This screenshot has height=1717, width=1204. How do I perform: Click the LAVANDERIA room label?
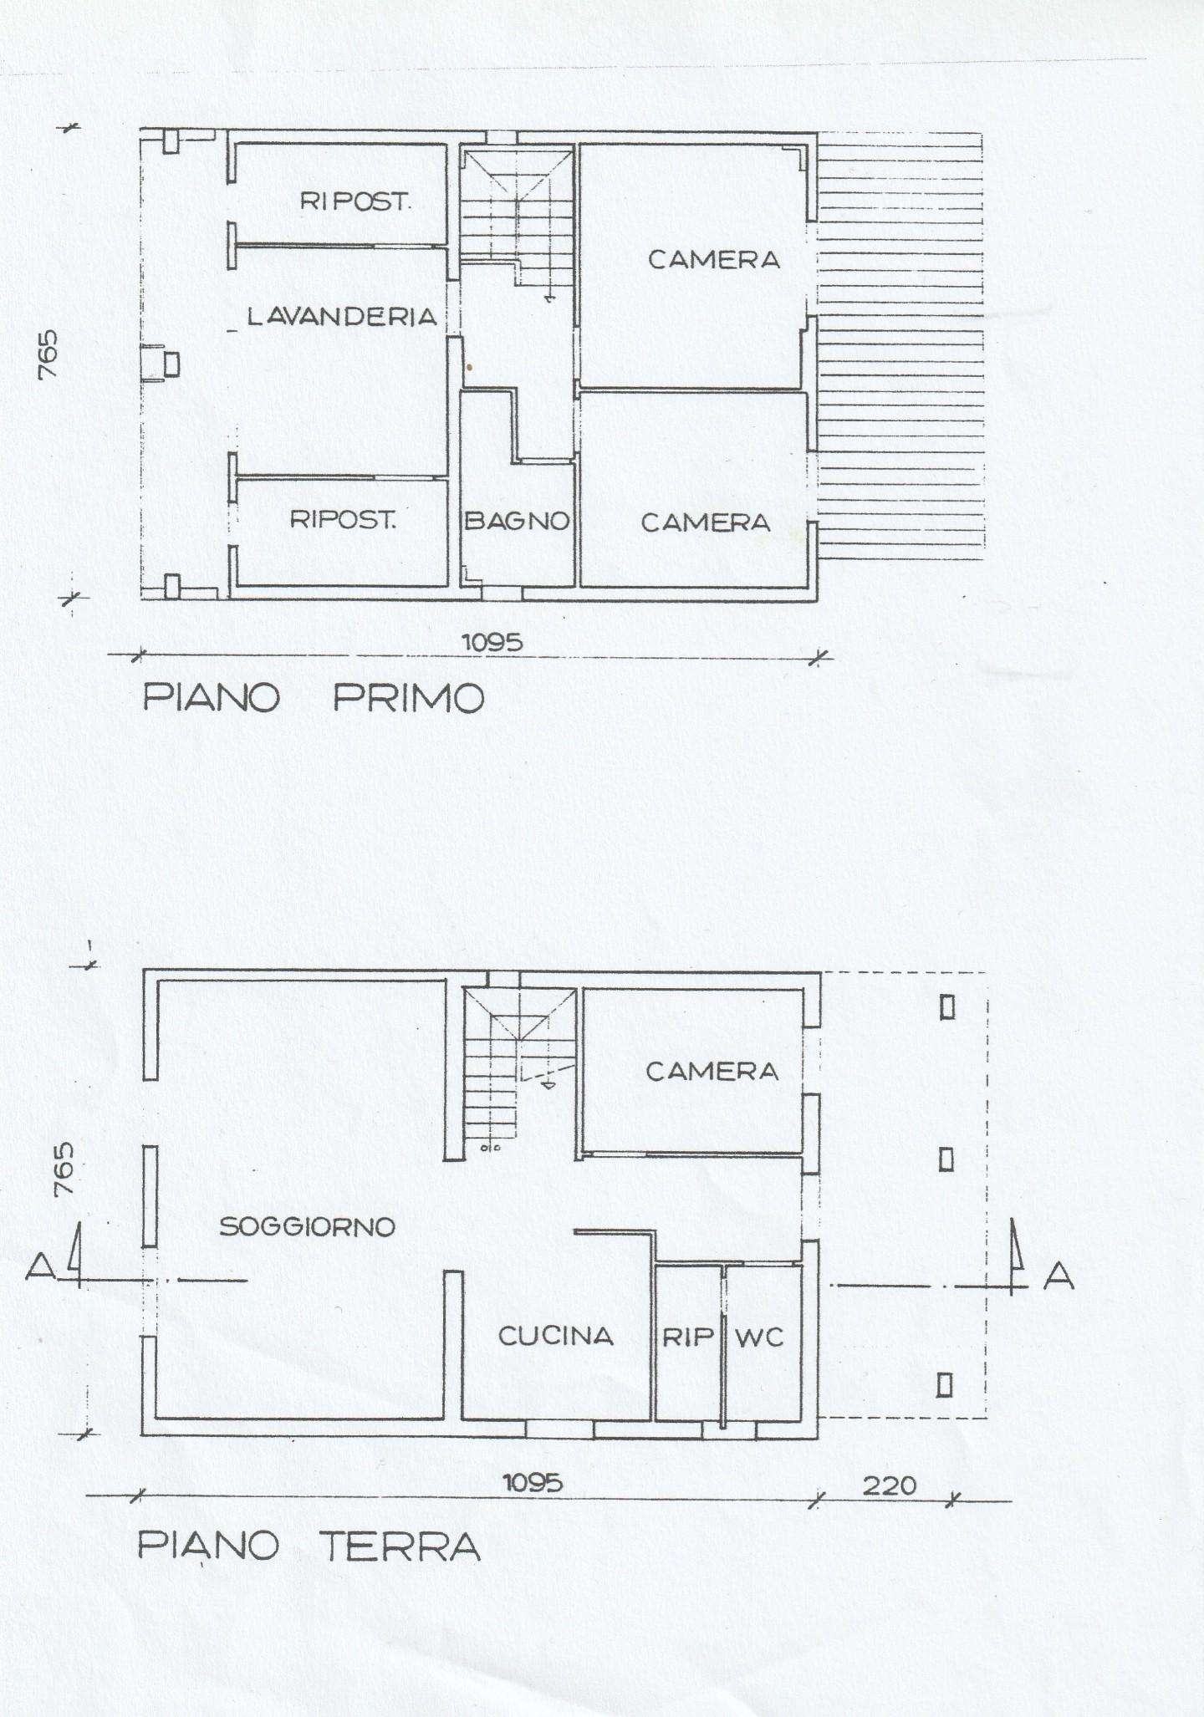(x=342, y=316)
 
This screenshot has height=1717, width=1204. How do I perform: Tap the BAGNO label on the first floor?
(x=517, y=521)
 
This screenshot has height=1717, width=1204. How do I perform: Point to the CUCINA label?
(x=556, y=1335)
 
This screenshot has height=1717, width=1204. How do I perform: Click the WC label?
(x=759, y=1337)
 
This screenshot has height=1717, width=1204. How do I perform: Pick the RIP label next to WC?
(x=688, y=1337)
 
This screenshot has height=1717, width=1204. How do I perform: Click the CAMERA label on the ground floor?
(x=712, y=1071)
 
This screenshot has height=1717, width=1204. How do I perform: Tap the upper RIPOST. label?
(x=355, y=201)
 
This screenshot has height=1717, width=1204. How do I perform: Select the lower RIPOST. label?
(x=343, y=519)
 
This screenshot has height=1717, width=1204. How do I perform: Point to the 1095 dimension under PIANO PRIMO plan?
(x=492, y=642)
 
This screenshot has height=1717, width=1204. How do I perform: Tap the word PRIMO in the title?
(x=409, y=697)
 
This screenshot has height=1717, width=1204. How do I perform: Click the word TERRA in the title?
(x=401, y=1546)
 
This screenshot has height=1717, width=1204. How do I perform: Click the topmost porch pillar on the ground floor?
(x=946, y=1007)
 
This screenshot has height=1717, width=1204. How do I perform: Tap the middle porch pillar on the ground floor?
(x=946, y=1159)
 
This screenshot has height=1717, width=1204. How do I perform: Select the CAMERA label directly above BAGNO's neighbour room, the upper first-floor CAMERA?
(x=714, y=259)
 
